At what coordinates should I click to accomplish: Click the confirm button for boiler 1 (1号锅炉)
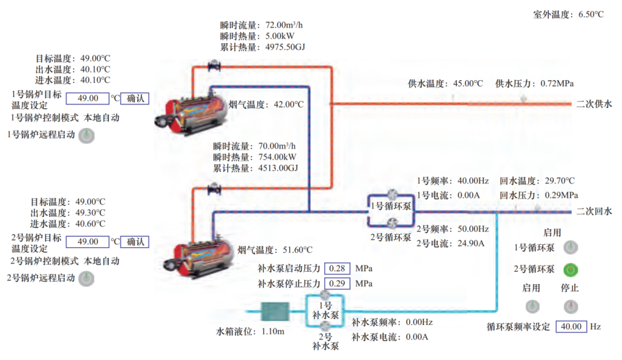[x=135, y=98]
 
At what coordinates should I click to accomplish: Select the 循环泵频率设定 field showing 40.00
[x=571, y=327]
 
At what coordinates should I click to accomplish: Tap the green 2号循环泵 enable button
[x=571, y=269]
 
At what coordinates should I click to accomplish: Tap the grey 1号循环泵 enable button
[x=571, y=248]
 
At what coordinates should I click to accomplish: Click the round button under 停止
[x=571, y=306]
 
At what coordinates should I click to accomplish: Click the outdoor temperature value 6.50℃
[x=591, y=14]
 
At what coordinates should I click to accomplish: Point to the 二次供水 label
[x=594, y=104]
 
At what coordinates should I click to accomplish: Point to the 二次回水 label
[x=594, y=211]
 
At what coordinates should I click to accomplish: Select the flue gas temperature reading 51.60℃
[x=298, y=250]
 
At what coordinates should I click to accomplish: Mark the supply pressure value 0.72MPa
[x=557, y=84]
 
